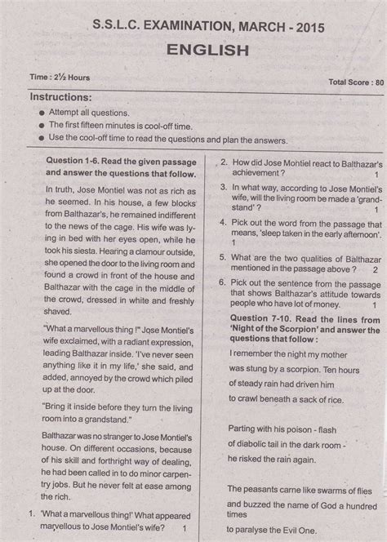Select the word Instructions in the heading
pyautogui.click(x=60, y=96)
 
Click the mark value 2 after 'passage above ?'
pyautogui.click(x=374, y=269)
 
